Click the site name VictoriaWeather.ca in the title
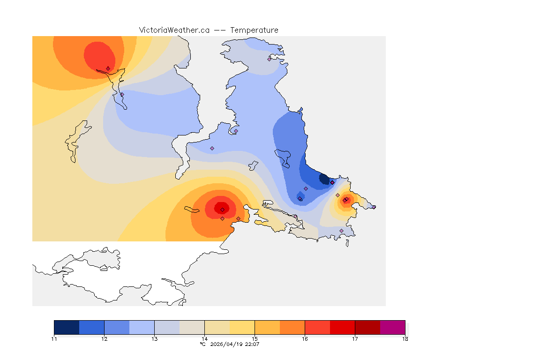click(174, 30)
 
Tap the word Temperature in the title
click(254, 30)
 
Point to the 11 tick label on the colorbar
click(54, 338)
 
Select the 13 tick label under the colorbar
click(154, 338)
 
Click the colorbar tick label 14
click(204, 338)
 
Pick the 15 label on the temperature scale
click(255, 338)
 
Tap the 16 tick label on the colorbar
click(305, 338)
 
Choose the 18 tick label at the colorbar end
click(405, 338)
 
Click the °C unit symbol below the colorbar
click(202, 344)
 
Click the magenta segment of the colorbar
click(392, 327)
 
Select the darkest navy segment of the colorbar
click(67, 327)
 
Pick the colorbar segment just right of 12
click(117, 327)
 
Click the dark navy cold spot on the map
click(324, 179)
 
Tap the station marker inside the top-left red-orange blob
click(108, 68)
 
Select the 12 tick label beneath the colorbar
click(104, 338)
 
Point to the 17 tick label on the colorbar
click(355, 338)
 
